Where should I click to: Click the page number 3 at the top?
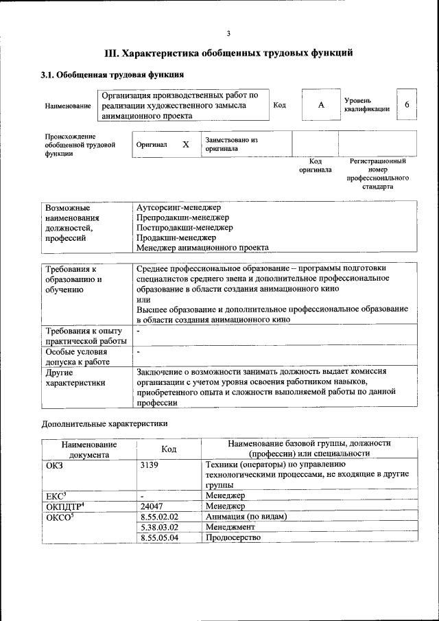[228, 34]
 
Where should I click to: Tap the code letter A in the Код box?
[320, 105]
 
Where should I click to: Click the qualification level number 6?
[407, 105]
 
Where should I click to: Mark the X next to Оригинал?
[185, 145]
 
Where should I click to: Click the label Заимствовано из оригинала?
[231, 144]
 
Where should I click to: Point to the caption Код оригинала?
[316, 165]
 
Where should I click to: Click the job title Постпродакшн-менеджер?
[185, 227]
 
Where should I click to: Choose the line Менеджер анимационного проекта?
[202, 248]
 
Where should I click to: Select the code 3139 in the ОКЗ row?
[150, 465]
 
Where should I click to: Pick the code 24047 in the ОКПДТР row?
[152, 506]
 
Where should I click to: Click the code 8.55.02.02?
[158, 517]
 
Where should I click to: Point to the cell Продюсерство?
[233, 537]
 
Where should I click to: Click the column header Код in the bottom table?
[169, 449]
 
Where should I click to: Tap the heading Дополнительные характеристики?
[104, 423]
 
